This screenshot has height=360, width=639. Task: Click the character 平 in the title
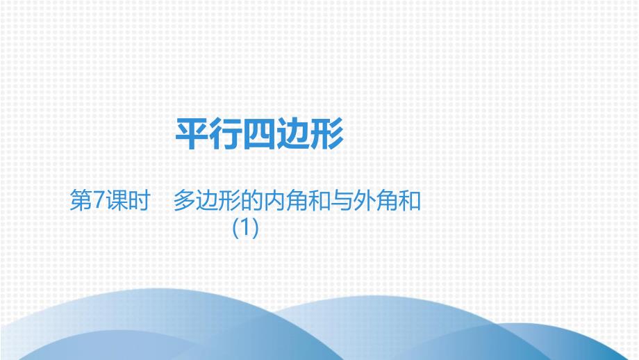(x=192, y=134)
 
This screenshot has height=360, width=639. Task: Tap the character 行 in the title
(x=226, y=134)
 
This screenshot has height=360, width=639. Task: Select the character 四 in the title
(x=260, y=134)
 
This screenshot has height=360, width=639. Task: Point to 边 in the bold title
(x=293, y=134)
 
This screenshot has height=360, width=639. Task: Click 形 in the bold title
(x=326, y=134)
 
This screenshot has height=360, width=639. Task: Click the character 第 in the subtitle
(x=81, y=201)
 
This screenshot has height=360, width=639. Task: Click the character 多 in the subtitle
(x=185, y=201)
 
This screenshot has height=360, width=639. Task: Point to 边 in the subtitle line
(x=207, y=201)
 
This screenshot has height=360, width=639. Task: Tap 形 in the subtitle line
(x=229, y=201)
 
